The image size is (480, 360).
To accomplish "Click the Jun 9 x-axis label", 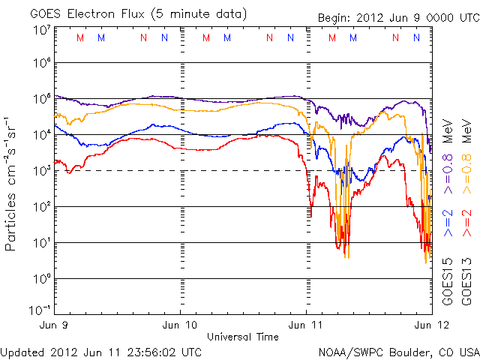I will tap(57, 325).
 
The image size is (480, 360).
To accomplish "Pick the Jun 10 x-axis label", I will tap(180, 325).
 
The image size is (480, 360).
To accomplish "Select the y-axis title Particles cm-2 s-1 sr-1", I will tap(12, 184).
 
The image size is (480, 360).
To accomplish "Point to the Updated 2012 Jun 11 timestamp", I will tap(101, 351).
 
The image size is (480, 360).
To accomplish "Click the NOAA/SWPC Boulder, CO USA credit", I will tap(398, 351).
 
